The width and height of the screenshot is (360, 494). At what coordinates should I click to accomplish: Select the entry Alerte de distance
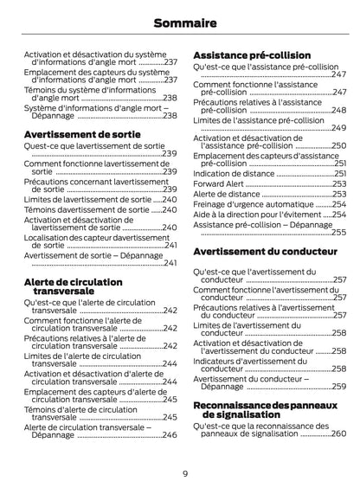tap(225, 195)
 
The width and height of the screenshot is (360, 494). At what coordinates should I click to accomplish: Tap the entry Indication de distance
tap(234, 173)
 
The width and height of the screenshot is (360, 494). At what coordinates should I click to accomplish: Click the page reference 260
tap(337, 433)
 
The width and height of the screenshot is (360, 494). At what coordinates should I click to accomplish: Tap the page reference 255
tap(338, 232)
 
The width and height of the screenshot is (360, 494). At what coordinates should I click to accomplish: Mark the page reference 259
tap(338, 387)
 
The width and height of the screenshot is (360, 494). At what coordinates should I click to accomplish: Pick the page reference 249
tap(338, 128)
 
